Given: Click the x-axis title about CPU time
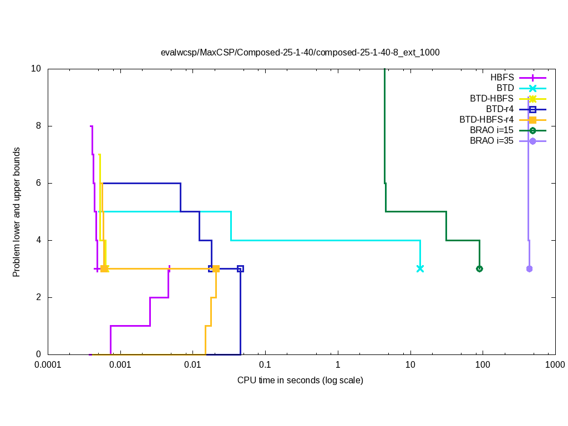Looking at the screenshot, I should pos(300,381).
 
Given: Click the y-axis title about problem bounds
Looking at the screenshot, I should pos(17,212).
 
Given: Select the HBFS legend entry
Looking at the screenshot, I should pos(502,78).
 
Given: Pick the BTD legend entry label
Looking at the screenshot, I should pos(505,88).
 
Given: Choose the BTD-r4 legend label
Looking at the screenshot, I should pos(499,109).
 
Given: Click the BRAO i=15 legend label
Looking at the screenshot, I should pos(491,130).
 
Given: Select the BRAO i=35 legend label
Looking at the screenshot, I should pos(491,141).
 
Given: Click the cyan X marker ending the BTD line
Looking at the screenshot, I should pos(420,268).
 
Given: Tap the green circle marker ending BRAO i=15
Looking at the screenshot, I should pos(479,268).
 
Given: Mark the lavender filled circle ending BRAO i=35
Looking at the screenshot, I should pos(529,268).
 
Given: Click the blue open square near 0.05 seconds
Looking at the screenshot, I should pos(240,268).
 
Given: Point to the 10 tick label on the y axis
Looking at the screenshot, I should pos(37,69).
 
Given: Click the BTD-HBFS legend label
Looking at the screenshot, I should pos(491,99).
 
